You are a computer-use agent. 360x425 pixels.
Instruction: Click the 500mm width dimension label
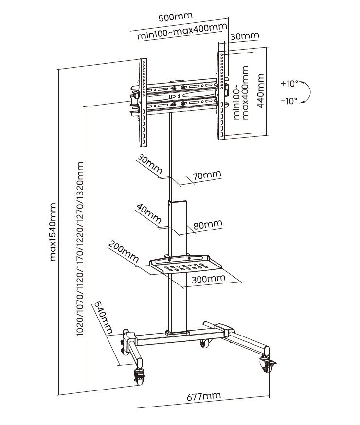pyautogui.click(x=175, y=16)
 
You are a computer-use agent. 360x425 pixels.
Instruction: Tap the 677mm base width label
pyautogui.click(x=203, y=396)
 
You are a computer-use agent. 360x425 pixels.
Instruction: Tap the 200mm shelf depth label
pyautogui.click(x=122, y=249)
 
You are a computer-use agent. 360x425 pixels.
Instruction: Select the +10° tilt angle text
pyautogui.click(x=289, y=84)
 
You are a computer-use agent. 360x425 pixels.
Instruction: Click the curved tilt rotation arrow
pyautogui.click(x=307, y=92)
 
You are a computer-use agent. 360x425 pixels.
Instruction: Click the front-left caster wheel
pyautogui.click(x=140, y=376)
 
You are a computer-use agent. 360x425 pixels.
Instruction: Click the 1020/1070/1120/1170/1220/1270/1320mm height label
pyautogui.click(x=81, y=248)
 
